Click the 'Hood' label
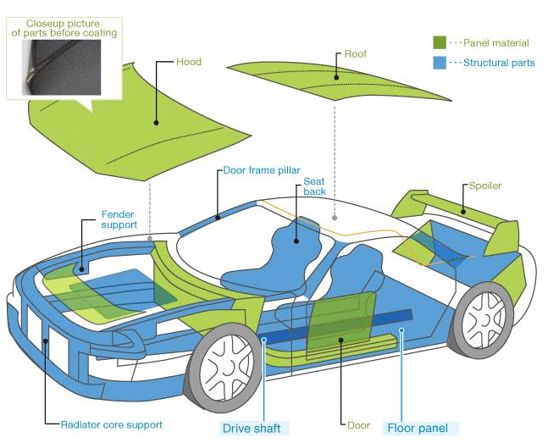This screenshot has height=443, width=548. (x=189, y=62)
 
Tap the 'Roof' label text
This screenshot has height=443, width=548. (x=356, y=54)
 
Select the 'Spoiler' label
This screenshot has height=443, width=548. (x=484, y=186)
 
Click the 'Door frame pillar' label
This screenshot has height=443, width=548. (x=262, y=170)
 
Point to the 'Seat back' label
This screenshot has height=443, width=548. (x=314, y=186)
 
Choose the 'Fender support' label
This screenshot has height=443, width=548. (x=119, y=219)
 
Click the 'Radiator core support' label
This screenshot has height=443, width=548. (x=112, y=425)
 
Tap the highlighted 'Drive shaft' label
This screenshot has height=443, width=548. (x=252, y=429)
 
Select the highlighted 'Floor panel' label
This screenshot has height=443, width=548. (x=418, y=428)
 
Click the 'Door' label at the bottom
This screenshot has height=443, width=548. (x=358, y=425)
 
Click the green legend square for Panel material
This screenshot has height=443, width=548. (x=440, y=42)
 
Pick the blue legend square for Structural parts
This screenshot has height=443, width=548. (x=440, y=63)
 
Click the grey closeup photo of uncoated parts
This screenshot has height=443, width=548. (x=62, y=67)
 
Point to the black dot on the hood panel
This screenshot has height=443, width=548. (x=156, y=123)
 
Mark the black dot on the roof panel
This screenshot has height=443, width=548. (x=336, y=78)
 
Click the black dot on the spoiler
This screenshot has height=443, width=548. (x=463, y=211)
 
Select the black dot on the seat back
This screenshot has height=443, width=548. (x=296, y=241)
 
